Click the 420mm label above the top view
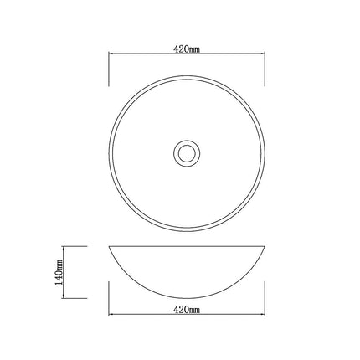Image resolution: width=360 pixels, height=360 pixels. tap(186, 49)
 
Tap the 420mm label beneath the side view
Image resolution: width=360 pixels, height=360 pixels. tap(186, 311)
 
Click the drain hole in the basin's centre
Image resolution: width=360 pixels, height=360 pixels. tap(186, 153)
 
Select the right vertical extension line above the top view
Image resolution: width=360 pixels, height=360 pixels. tap(265, 67)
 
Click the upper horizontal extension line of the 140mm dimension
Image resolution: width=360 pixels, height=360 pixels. tap(75, 246)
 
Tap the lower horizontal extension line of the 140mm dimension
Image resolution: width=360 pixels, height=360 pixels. tap(75, 298)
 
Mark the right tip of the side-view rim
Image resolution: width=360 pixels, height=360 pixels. tap(265, 247)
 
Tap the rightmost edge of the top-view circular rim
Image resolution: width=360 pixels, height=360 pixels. tap(265, 153)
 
